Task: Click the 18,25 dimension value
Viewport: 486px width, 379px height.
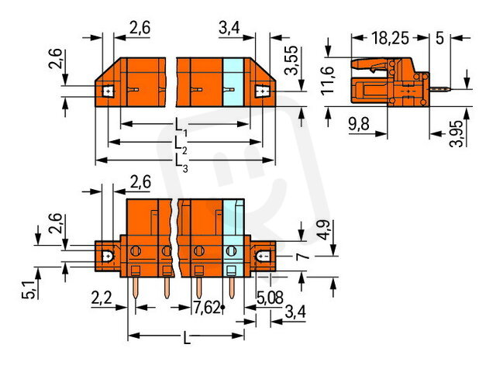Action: [390, 38]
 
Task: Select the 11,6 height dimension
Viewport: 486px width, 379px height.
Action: [327, 81]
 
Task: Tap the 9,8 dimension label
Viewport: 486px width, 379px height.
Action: [359, 124]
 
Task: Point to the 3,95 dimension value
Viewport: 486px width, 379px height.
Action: [457, 133]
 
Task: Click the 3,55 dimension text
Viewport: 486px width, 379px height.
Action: [291, 60]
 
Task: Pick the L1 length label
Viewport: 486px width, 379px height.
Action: [181, 127]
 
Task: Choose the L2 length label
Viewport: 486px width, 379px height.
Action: [181, 145]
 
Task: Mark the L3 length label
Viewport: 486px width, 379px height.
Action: [181, 163]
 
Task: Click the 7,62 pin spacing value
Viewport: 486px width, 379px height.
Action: [207, 308]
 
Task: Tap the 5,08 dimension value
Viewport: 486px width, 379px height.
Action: [270, 298]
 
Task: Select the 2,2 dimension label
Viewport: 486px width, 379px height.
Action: [102, 298]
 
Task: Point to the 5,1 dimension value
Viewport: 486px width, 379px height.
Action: [29, 290]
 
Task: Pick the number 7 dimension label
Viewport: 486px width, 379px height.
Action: [303, 256]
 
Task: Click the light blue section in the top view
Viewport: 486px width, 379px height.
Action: [233, 82]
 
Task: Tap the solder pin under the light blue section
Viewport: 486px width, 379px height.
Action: [232, 288]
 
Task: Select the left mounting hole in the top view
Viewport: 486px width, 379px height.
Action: [108, 91]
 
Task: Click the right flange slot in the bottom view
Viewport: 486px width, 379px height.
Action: [263, 257]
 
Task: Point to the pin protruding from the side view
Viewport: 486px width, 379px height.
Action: [439, 90]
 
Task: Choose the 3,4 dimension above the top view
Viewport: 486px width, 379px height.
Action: [229, 28]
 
